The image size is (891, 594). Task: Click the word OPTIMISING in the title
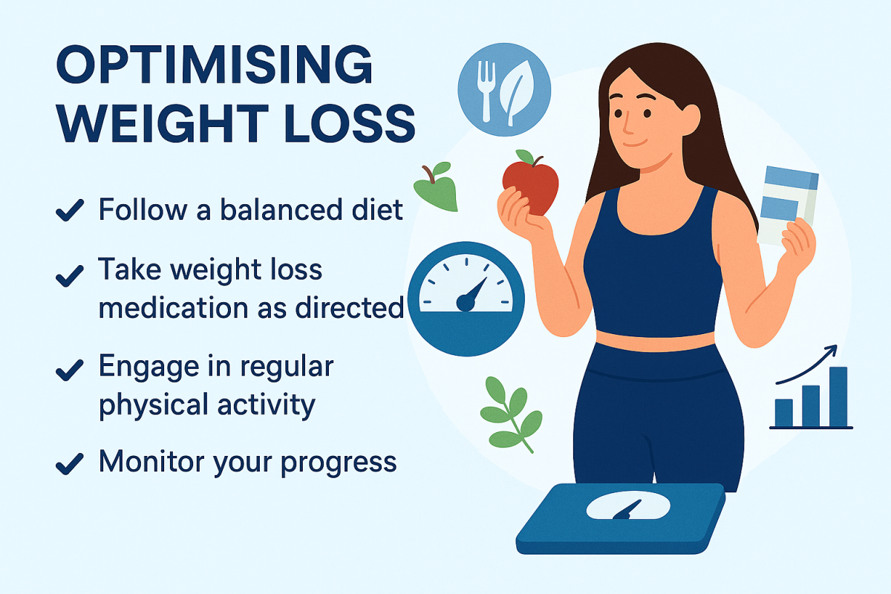[214, 64]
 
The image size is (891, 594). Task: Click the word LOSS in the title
[350, 123]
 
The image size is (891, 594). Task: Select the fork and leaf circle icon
[504, 90]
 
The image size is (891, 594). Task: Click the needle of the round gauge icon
[471, 295]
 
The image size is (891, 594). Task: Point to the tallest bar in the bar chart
[838, 396]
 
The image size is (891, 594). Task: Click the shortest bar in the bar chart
[784, 413]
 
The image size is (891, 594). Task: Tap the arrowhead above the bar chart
[831, 350]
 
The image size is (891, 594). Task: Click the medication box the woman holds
[788, 205]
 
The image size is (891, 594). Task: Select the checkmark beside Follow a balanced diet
[70, 209]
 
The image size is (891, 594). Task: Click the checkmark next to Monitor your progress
[70, 464]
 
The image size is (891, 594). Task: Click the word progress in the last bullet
[339, 464]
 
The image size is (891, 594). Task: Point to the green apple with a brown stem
[436, 186]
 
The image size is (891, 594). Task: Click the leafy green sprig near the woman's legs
[510, 414]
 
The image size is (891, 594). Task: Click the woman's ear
[689, 120]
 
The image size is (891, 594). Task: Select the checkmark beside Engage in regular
[70, 370]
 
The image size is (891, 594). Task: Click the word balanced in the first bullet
[281, 209]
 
